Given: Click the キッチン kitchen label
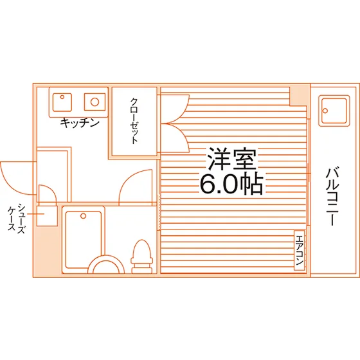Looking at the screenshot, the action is coord(80,123).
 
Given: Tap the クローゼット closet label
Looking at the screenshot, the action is coord(134,121).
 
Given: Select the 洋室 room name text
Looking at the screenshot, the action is coord(231,158).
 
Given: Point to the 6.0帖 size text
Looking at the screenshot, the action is coord(231,183).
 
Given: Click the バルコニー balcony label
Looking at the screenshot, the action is coord(332,197).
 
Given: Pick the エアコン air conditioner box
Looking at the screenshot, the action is coord(300,250).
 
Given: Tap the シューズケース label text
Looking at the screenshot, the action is coord(16,218).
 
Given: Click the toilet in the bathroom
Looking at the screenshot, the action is coord(142,256).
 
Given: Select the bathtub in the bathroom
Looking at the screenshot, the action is coord(84,240).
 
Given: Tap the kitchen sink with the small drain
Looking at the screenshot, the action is coord(62,102).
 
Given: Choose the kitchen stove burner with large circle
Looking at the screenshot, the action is coord(95,102).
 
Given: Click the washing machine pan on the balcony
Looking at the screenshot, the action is coord(334,111).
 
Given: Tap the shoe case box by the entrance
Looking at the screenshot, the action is coord(47,216).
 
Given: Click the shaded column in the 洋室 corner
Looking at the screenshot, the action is coord(299,96).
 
